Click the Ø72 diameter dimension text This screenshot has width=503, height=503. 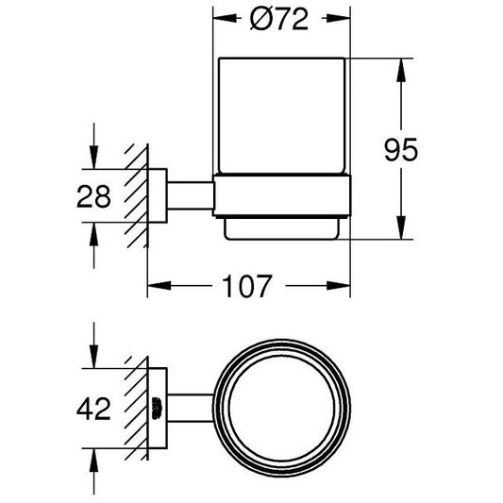pyautogui.click(x=279, y=19)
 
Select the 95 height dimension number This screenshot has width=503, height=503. pyautogui.click(x=401, y=150)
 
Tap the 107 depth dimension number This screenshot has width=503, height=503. pyautogui.click(x=247, y=286)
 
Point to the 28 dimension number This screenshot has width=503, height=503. pyautogui.click(x=93, y=196)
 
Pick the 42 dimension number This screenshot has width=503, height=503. pyautogui.click(x=93, y=409)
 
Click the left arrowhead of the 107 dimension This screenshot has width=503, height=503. pyautogui.click(x=159, y=285)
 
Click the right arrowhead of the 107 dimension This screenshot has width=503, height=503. pyautogui.click(x=339, y=285)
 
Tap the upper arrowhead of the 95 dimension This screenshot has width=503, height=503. pyautogui.click(x=401, y=70)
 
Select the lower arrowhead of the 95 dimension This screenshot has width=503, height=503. pyautogui.click(x=401, y=227)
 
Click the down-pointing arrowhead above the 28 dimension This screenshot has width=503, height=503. pyautogui.click(x=93, y=157)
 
